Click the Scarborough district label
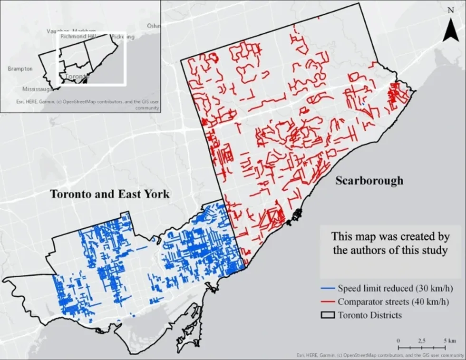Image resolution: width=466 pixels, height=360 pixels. point(369,181)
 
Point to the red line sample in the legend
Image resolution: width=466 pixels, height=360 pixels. point(328,302)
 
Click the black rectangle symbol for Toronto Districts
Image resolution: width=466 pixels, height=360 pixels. point(328,315)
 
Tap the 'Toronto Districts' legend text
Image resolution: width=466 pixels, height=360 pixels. point(367,315)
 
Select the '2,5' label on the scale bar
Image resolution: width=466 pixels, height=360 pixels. point(421,341)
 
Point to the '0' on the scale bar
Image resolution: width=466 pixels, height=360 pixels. point(398,341)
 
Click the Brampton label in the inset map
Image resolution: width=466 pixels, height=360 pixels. point(20,69)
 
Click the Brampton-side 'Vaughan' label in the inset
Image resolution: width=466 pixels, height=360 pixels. point(57,31)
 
